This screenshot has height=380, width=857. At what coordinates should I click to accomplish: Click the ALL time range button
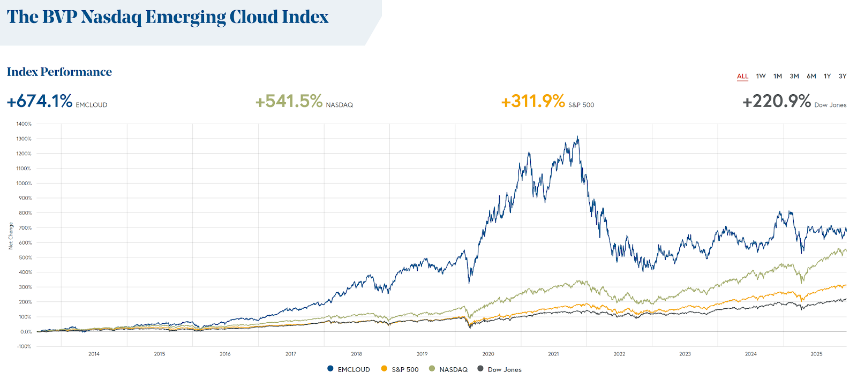click(x=742, y=77)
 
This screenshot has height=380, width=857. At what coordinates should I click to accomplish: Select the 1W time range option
click(x=761, y=77)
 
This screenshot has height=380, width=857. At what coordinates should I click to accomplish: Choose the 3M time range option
click(x=794, y=77)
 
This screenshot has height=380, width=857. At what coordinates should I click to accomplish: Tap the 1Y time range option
click(x=827, y=77)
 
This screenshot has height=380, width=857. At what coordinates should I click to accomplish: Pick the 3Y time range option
click(x=843, y=77)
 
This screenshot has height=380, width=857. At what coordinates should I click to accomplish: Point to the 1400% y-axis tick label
click(x=24, y=124)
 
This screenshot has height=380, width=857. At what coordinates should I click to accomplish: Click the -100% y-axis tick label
click(x=25, y=346)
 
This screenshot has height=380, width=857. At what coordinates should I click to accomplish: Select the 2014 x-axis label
click(x=94, y=354)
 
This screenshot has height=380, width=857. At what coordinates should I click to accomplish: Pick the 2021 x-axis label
click(x=553, y=354)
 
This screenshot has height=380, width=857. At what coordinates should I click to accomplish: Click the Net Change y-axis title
click(x=11, y=236)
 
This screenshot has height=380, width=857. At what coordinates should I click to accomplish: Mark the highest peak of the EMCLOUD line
click(x=577, y=136)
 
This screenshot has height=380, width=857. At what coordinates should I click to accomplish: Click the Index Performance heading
click(x=59, y=72)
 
